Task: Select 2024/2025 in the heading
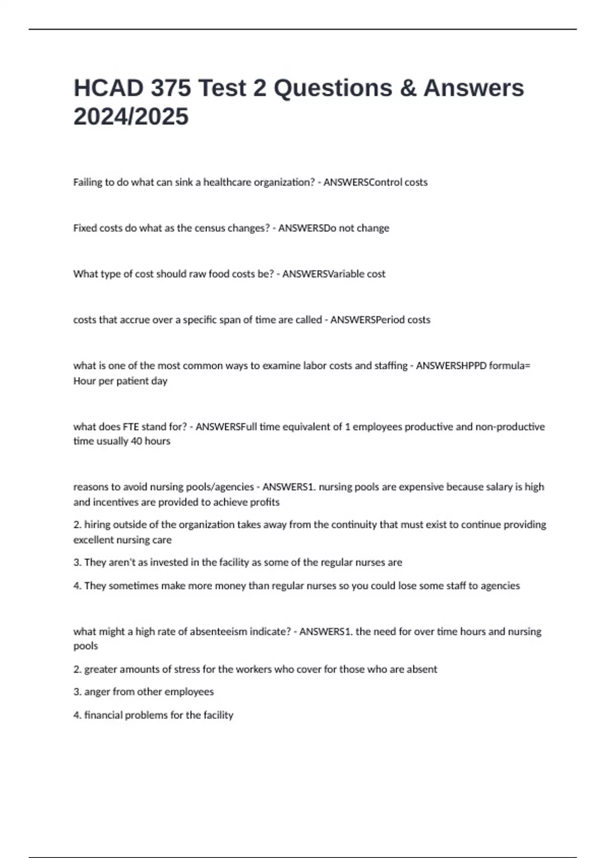pos(131,117)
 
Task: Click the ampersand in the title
pos(408,88)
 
